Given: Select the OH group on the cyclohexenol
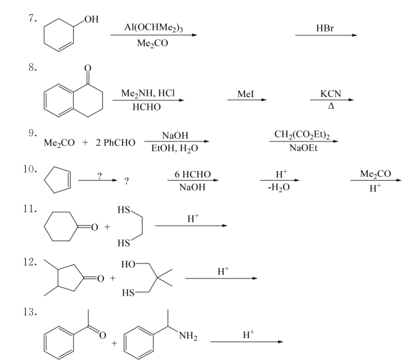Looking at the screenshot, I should (91, 19).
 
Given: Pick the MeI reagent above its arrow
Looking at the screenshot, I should (246, 94).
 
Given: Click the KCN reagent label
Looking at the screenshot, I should (331, 94).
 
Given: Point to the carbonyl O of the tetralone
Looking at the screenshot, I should (88, 68).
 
